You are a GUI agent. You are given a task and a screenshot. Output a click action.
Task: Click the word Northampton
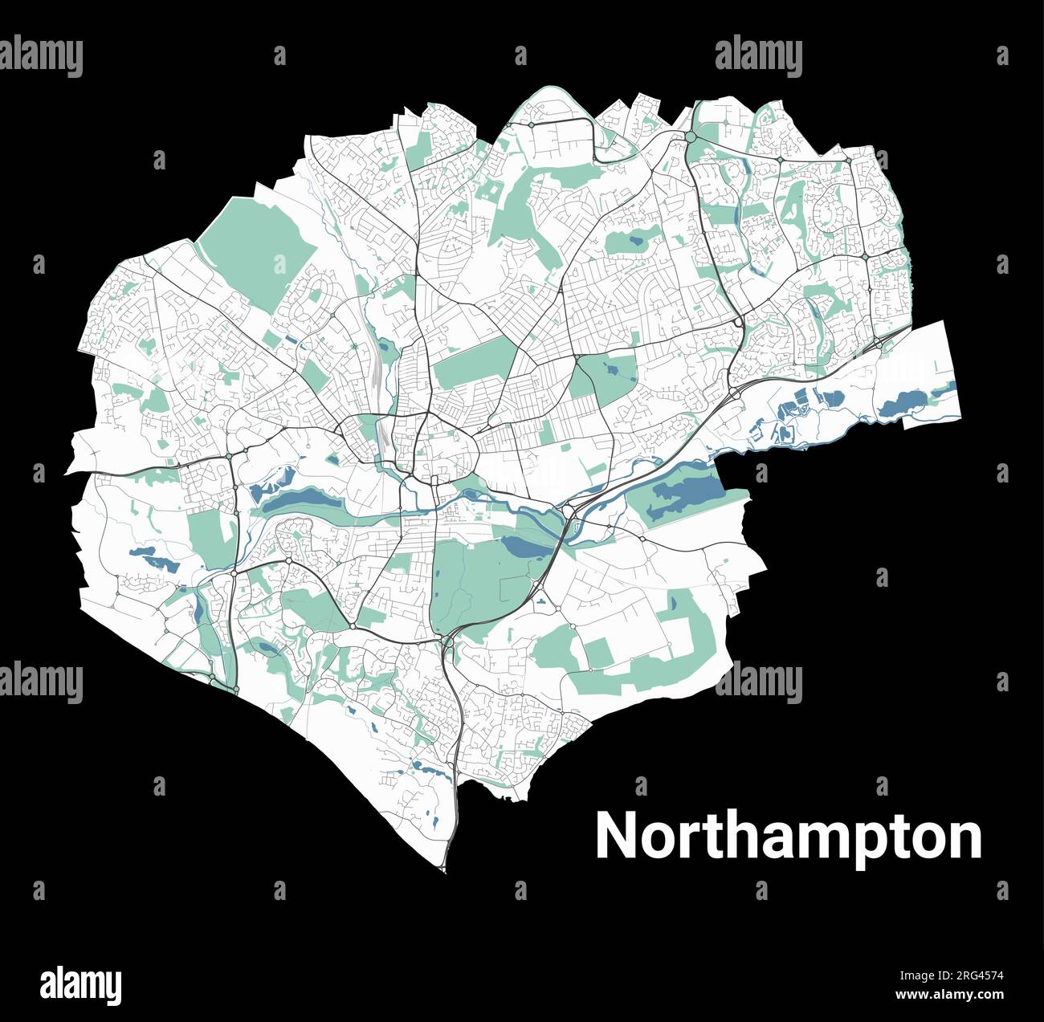[x=788, y=837]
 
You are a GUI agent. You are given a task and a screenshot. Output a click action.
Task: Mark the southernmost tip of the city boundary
[x=443, y=869]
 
